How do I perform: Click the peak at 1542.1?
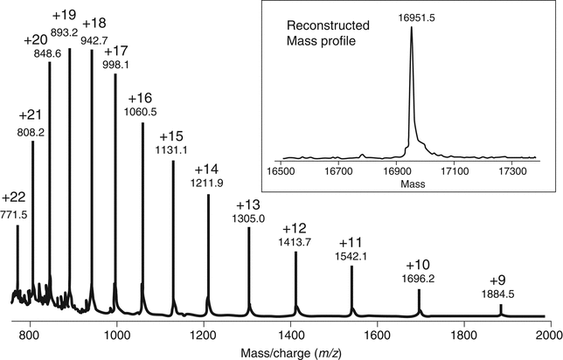[x=351, y=288]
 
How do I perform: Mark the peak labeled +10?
[x=419, y=301]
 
